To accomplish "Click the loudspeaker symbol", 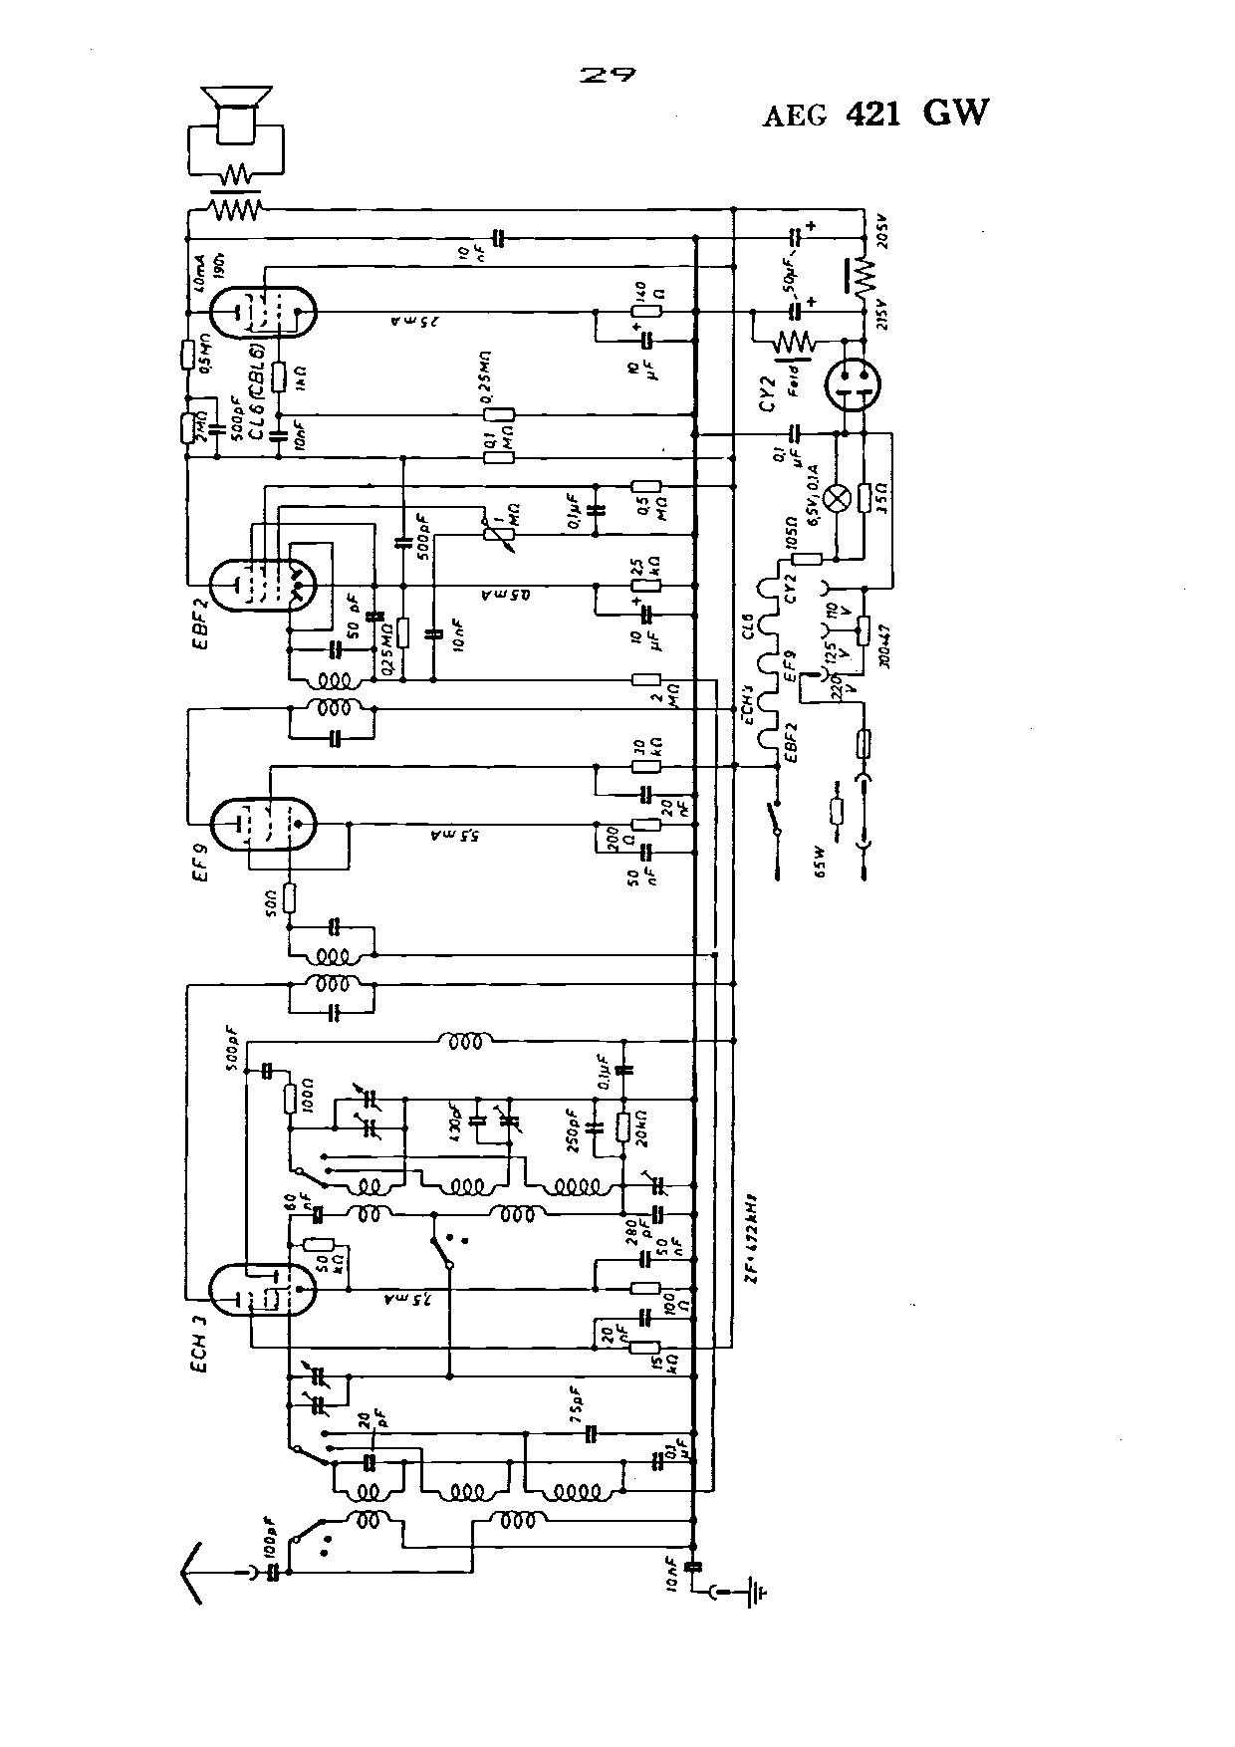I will (x=235, y=110).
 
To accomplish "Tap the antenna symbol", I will (x=192, y=1572).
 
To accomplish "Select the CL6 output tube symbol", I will (x=263, y=313).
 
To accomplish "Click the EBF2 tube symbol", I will (x=263, y=584).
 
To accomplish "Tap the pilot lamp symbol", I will (x=840, y=497).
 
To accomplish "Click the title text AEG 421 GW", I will (x=876, y=114).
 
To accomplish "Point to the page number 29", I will (x=607, y=77).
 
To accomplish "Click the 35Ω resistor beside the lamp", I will (x=864, y=497).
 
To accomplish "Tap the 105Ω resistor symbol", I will (x=807, y=559).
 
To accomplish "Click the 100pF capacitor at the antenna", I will (x=269, y=1572).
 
